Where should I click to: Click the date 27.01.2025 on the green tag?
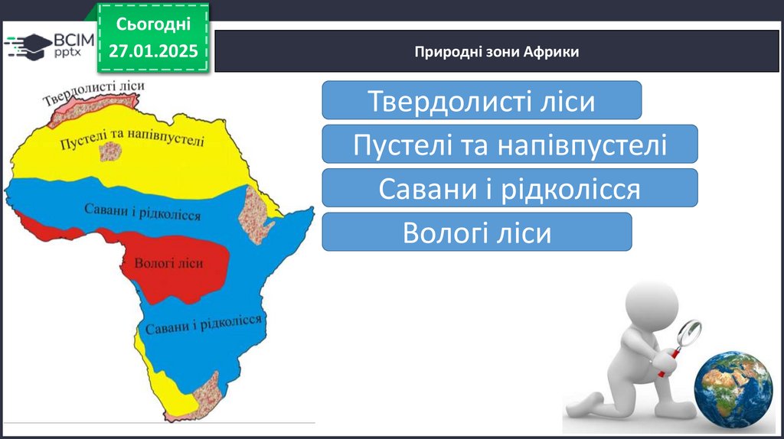pos(153,50)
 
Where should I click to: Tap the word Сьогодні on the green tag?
pos(153,24)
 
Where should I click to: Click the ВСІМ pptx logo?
pos(49,46)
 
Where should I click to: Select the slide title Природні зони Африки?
pos(496,51)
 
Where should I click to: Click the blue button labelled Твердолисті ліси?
pos(482,100)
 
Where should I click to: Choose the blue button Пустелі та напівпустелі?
pos(509,144)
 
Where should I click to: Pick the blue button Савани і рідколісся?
pos(509,188)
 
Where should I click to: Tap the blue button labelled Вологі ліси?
pos(476,232)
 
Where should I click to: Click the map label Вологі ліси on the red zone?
pos(168,263)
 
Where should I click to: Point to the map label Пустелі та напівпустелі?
pos(132,139)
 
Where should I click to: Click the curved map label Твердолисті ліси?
pos(93,92)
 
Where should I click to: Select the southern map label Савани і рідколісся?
pos(203,324)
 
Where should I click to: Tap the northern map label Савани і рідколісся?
pos(142,212)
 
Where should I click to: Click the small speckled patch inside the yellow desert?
pos(110,151)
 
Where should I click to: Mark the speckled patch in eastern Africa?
pos(256,215)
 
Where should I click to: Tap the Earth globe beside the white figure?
pos(733,389)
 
